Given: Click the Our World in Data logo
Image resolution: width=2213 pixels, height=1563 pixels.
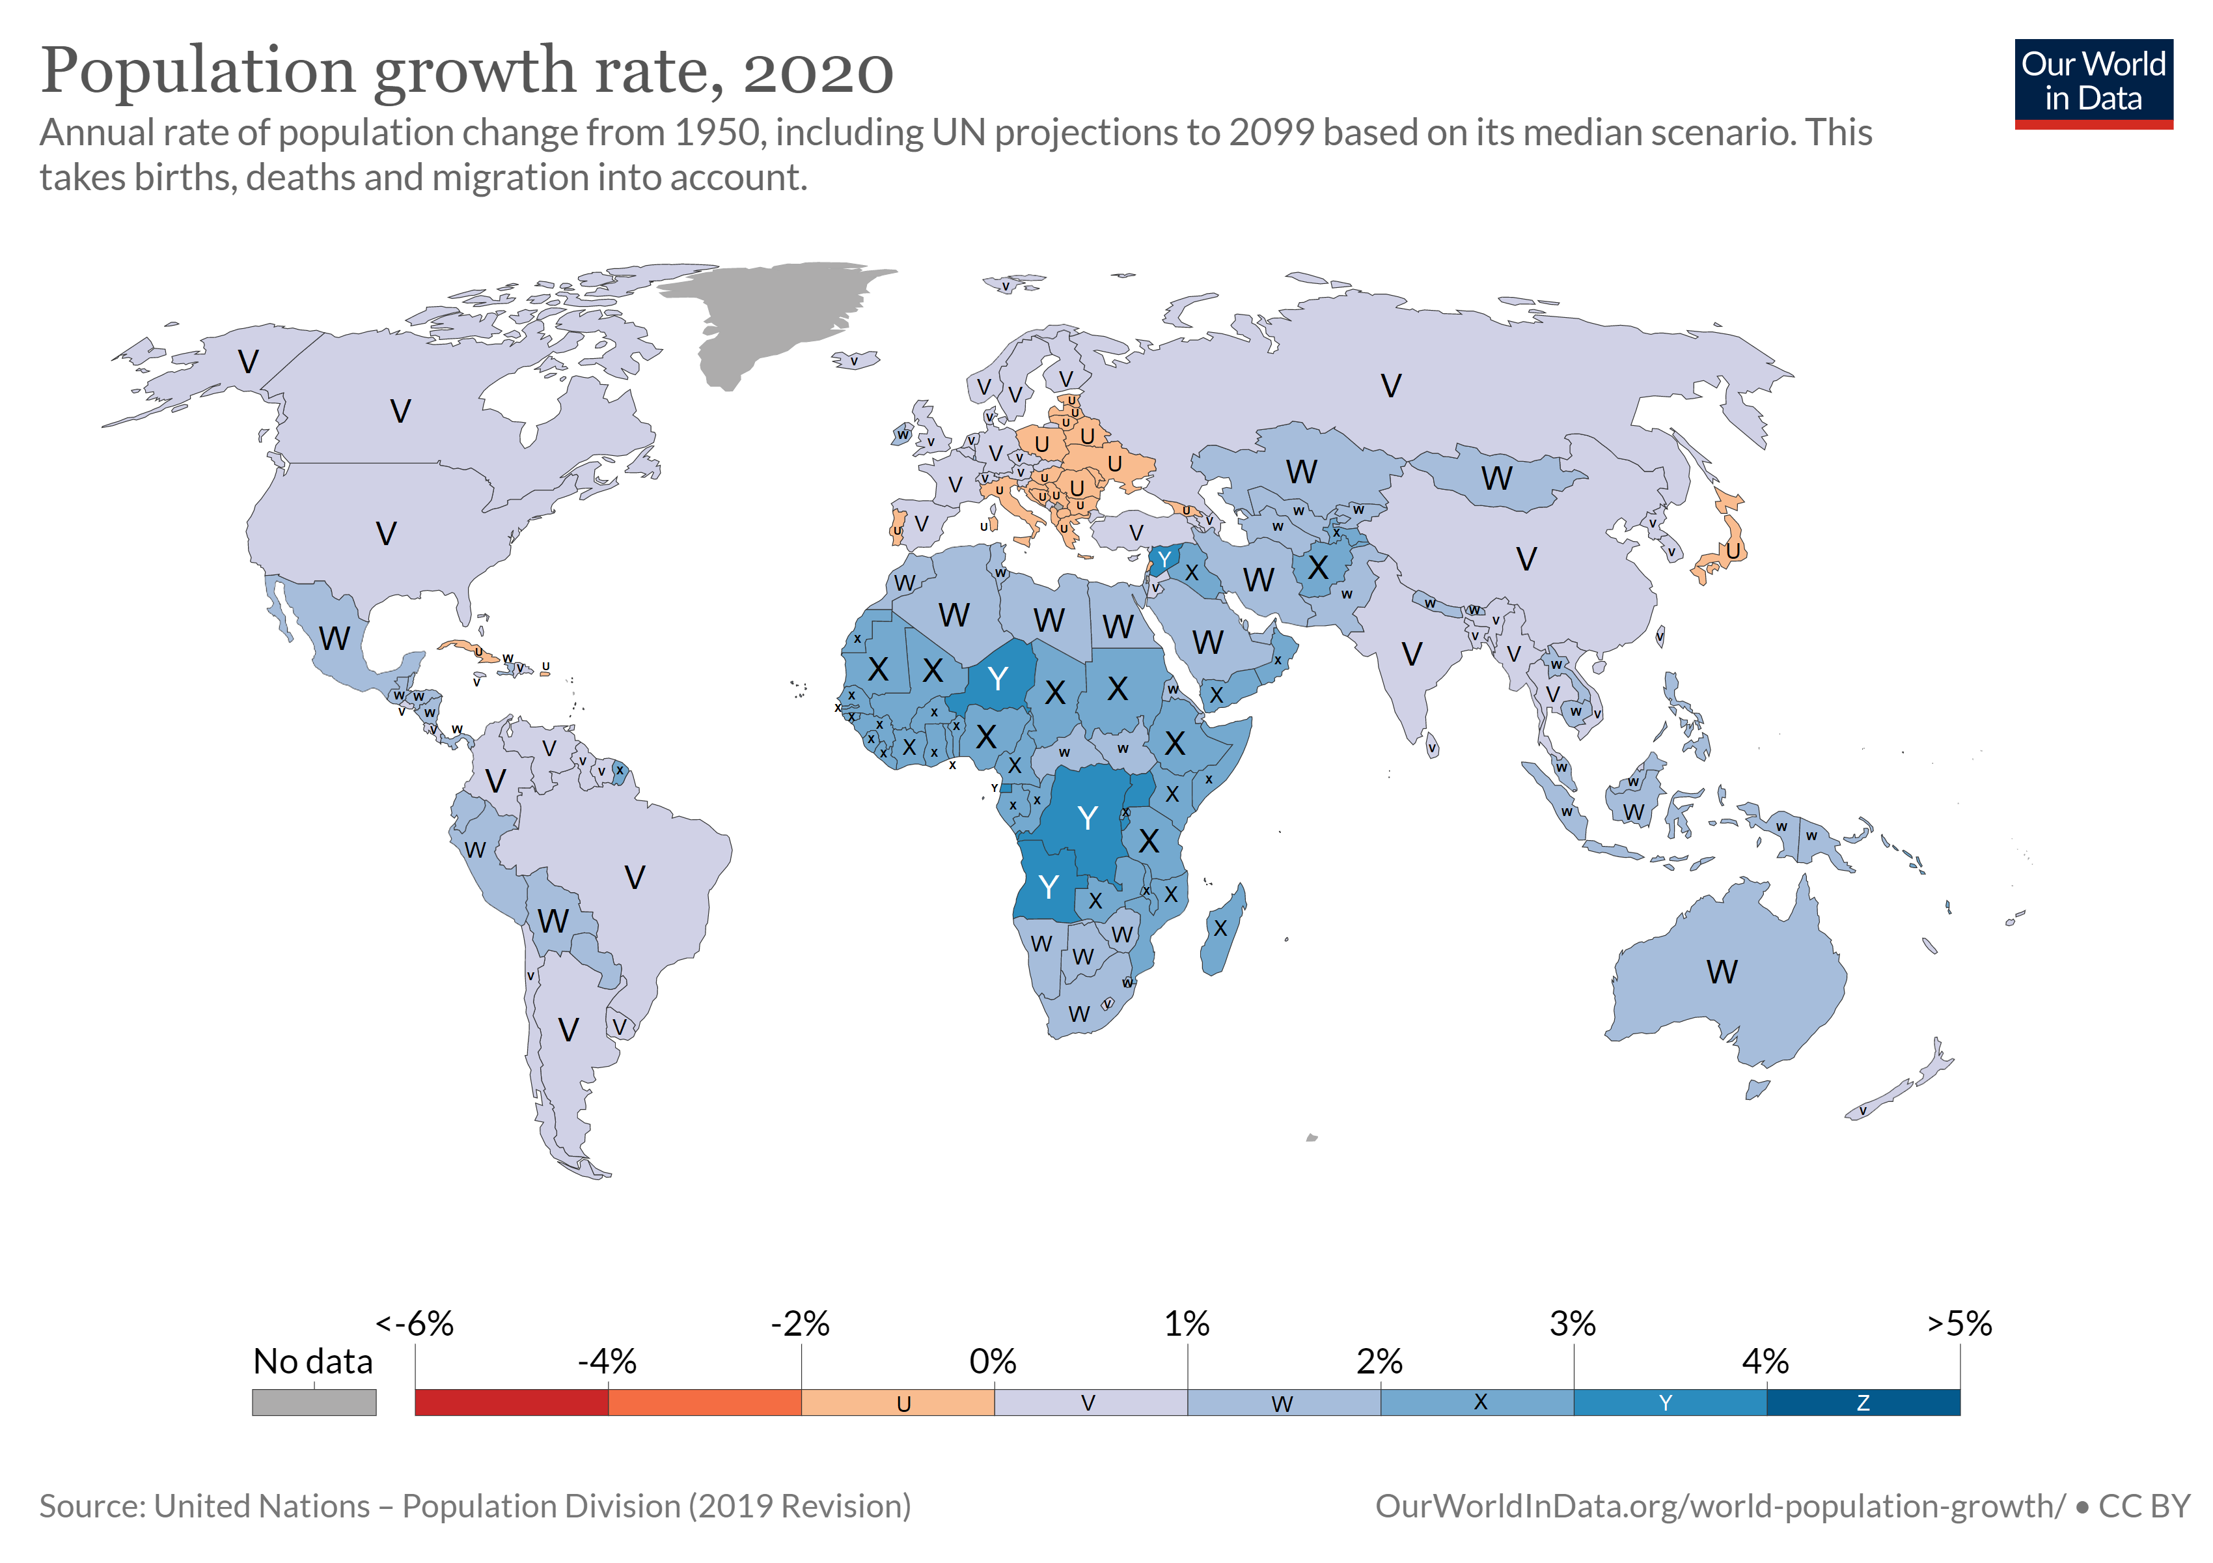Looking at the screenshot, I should click(2093, 83).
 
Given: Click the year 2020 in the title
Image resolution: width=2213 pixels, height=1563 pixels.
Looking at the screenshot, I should click(818, 72).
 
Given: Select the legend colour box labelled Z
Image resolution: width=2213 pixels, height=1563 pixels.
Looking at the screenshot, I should click(1862, 1402).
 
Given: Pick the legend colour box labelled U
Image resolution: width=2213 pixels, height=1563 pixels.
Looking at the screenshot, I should click(898, 1402).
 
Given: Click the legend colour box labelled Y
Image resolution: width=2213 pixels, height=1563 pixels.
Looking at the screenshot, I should click(1670, 1402).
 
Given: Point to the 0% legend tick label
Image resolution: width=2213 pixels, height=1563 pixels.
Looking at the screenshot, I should click(993, 1362).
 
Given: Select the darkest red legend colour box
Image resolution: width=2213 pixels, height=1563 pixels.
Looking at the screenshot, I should click(511, 1402).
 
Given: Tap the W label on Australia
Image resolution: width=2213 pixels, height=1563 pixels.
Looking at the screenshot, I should click(1722, 972).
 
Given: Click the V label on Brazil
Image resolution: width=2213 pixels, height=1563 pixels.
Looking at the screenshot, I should click(634, 877).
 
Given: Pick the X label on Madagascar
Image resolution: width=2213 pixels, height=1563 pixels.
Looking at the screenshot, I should click(1220, 929).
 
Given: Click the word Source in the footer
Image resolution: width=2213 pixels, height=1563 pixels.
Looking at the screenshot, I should click(92, 1506).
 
